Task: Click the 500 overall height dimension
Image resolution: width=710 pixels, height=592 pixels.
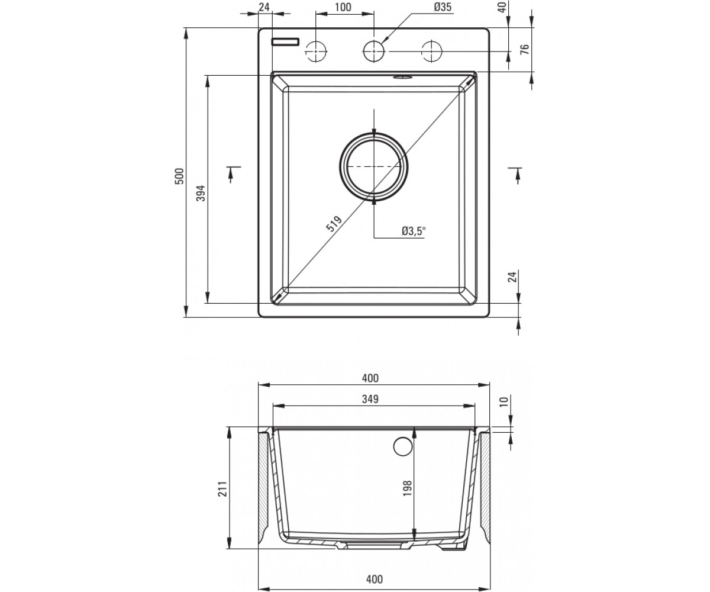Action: click(x=180, y=176)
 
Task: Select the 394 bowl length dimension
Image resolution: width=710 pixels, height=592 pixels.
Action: click(x=201, y=193)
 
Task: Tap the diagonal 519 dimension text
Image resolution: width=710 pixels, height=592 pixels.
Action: click(x=334, y=224)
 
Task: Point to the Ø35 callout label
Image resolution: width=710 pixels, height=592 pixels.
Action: click(x=443, y=7)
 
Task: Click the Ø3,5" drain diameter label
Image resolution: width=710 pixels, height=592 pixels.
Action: click(x=414, y=231)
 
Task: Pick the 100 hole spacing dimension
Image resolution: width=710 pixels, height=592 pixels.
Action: click(x=343, y=7)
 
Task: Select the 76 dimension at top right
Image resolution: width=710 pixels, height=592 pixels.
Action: click(x=525, y=49)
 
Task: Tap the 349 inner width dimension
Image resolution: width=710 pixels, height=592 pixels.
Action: click(x=370, y=399)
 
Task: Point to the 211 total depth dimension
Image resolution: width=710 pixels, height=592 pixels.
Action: click(x=222, y=488)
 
